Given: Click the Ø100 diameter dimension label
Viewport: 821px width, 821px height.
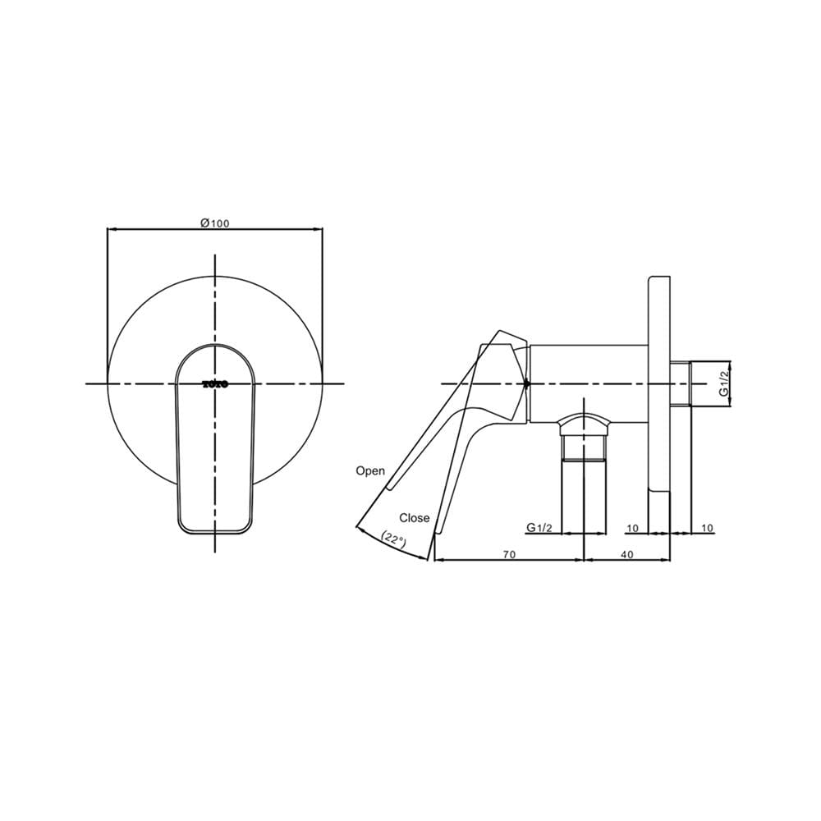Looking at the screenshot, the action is (x=214, y=223).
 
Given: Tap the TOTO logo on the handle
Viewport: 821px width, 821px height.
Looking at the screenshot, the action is (x=214, y=383).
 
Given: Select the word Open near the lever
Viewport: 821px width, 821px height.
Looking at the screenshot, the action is (x=370, y=470).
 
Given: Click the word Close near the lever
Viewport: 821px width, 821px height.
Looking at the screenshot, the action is (x=414, y=518).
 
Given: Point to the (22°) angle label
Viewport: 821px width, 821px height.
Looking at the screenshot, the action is (x=394, y=540).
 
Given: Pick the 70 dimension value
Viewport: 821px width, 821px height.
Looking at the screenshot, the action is (x=509, y=554).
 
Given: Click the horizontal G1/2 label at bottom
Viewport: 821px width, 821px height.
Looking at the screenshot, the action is (x=539, y=528).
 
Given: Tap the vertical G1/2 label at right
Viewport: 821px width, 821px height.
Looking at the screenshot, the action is (x=723, y=383).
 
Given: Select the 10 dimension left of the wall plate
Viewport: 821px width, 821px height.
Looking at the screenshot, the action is (x=632, y=528).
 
